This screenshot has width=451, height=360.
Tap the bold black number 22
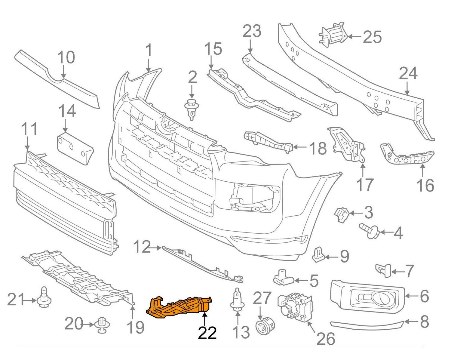[x=207, y=333]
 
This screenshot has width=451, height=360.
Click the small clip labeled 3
[x=342, y=214]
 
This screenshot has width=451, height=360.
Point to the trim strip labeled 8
[x=367, y=325]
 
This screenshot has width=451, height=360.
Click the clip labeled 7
[x=384, y=269]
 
